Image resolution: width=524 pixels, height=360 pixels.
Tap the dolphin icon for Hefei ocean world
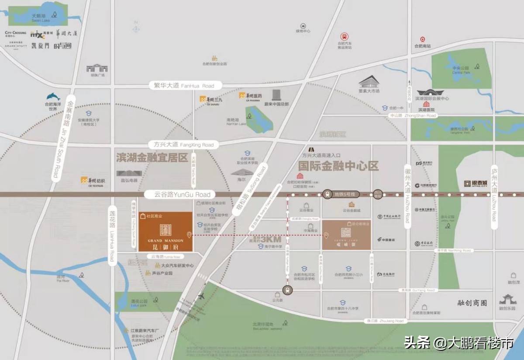pos(53,97)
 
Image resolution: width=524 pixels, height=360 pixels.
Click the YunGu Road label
pos(177,195)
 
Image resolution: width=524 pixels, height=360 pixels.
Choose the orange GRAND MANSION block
pos(165,231)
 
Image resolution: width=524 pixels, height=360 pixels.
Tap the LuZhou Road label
pos(494,196)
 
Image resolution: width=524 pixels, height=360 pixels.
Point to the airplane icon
pos(201,296)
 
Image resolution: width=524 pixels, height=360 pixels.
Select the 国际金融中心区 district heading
pos(338,166)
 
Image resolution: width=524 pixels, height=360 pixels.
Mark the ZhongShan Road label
pos(413,116)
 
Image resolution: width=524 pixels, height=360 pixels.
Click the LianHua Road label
pos(112,236)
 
